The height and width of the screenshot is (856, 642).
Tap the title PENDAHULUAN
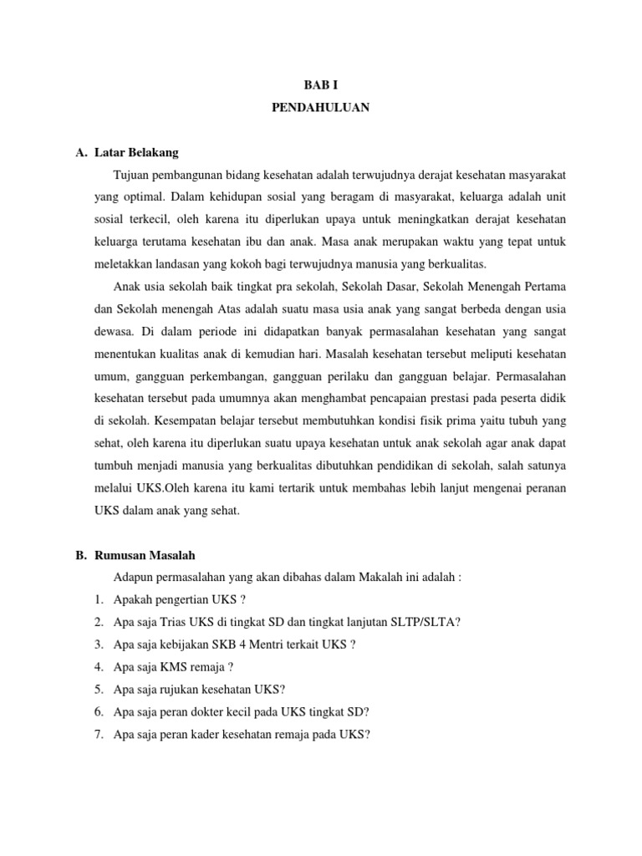coord(321,108)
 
